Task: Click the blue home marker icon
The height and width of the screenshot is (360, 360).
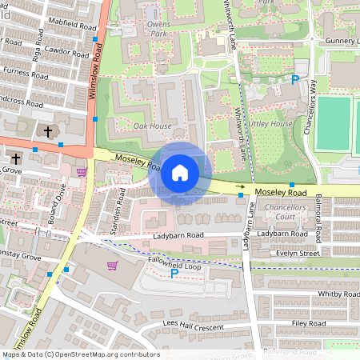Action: [180, 172]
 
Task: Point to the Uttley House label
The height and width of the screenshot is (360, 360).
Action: [270, 124]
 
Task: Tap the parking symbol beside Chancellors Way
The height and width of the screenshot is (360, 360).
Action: [295, 79]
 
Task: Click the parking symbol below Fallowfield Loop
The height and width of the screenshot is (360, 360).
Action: [174, 274]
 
